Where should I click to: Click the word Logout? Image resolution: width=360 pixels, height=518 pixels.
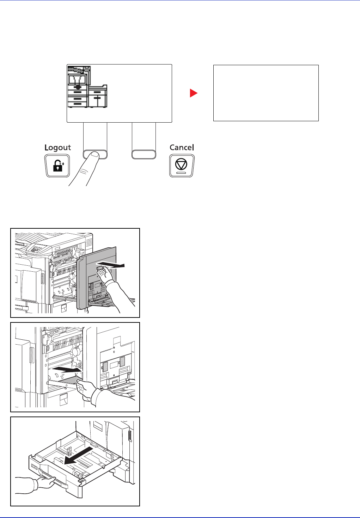57,148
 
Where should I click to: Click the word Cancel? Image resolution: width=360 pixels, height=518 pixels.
182,147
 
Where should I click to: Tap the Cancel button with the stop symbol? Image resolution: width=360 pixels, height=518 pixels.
182,166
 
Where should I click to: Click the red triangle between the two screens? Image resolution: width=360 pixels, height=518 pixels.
194,93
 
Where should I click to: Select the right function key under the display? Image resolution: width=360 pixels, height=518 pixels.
144,154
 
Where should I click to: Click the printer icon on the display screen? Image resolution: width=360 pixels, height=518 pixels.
87,87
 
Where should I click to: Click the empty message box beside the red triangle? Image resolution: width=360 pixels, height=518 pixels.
266,93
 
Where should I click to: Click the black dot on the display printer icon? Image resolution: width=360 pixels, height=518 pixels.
78,87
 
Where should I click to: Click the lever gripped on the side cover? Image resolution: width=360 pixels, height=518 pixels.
100,268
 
